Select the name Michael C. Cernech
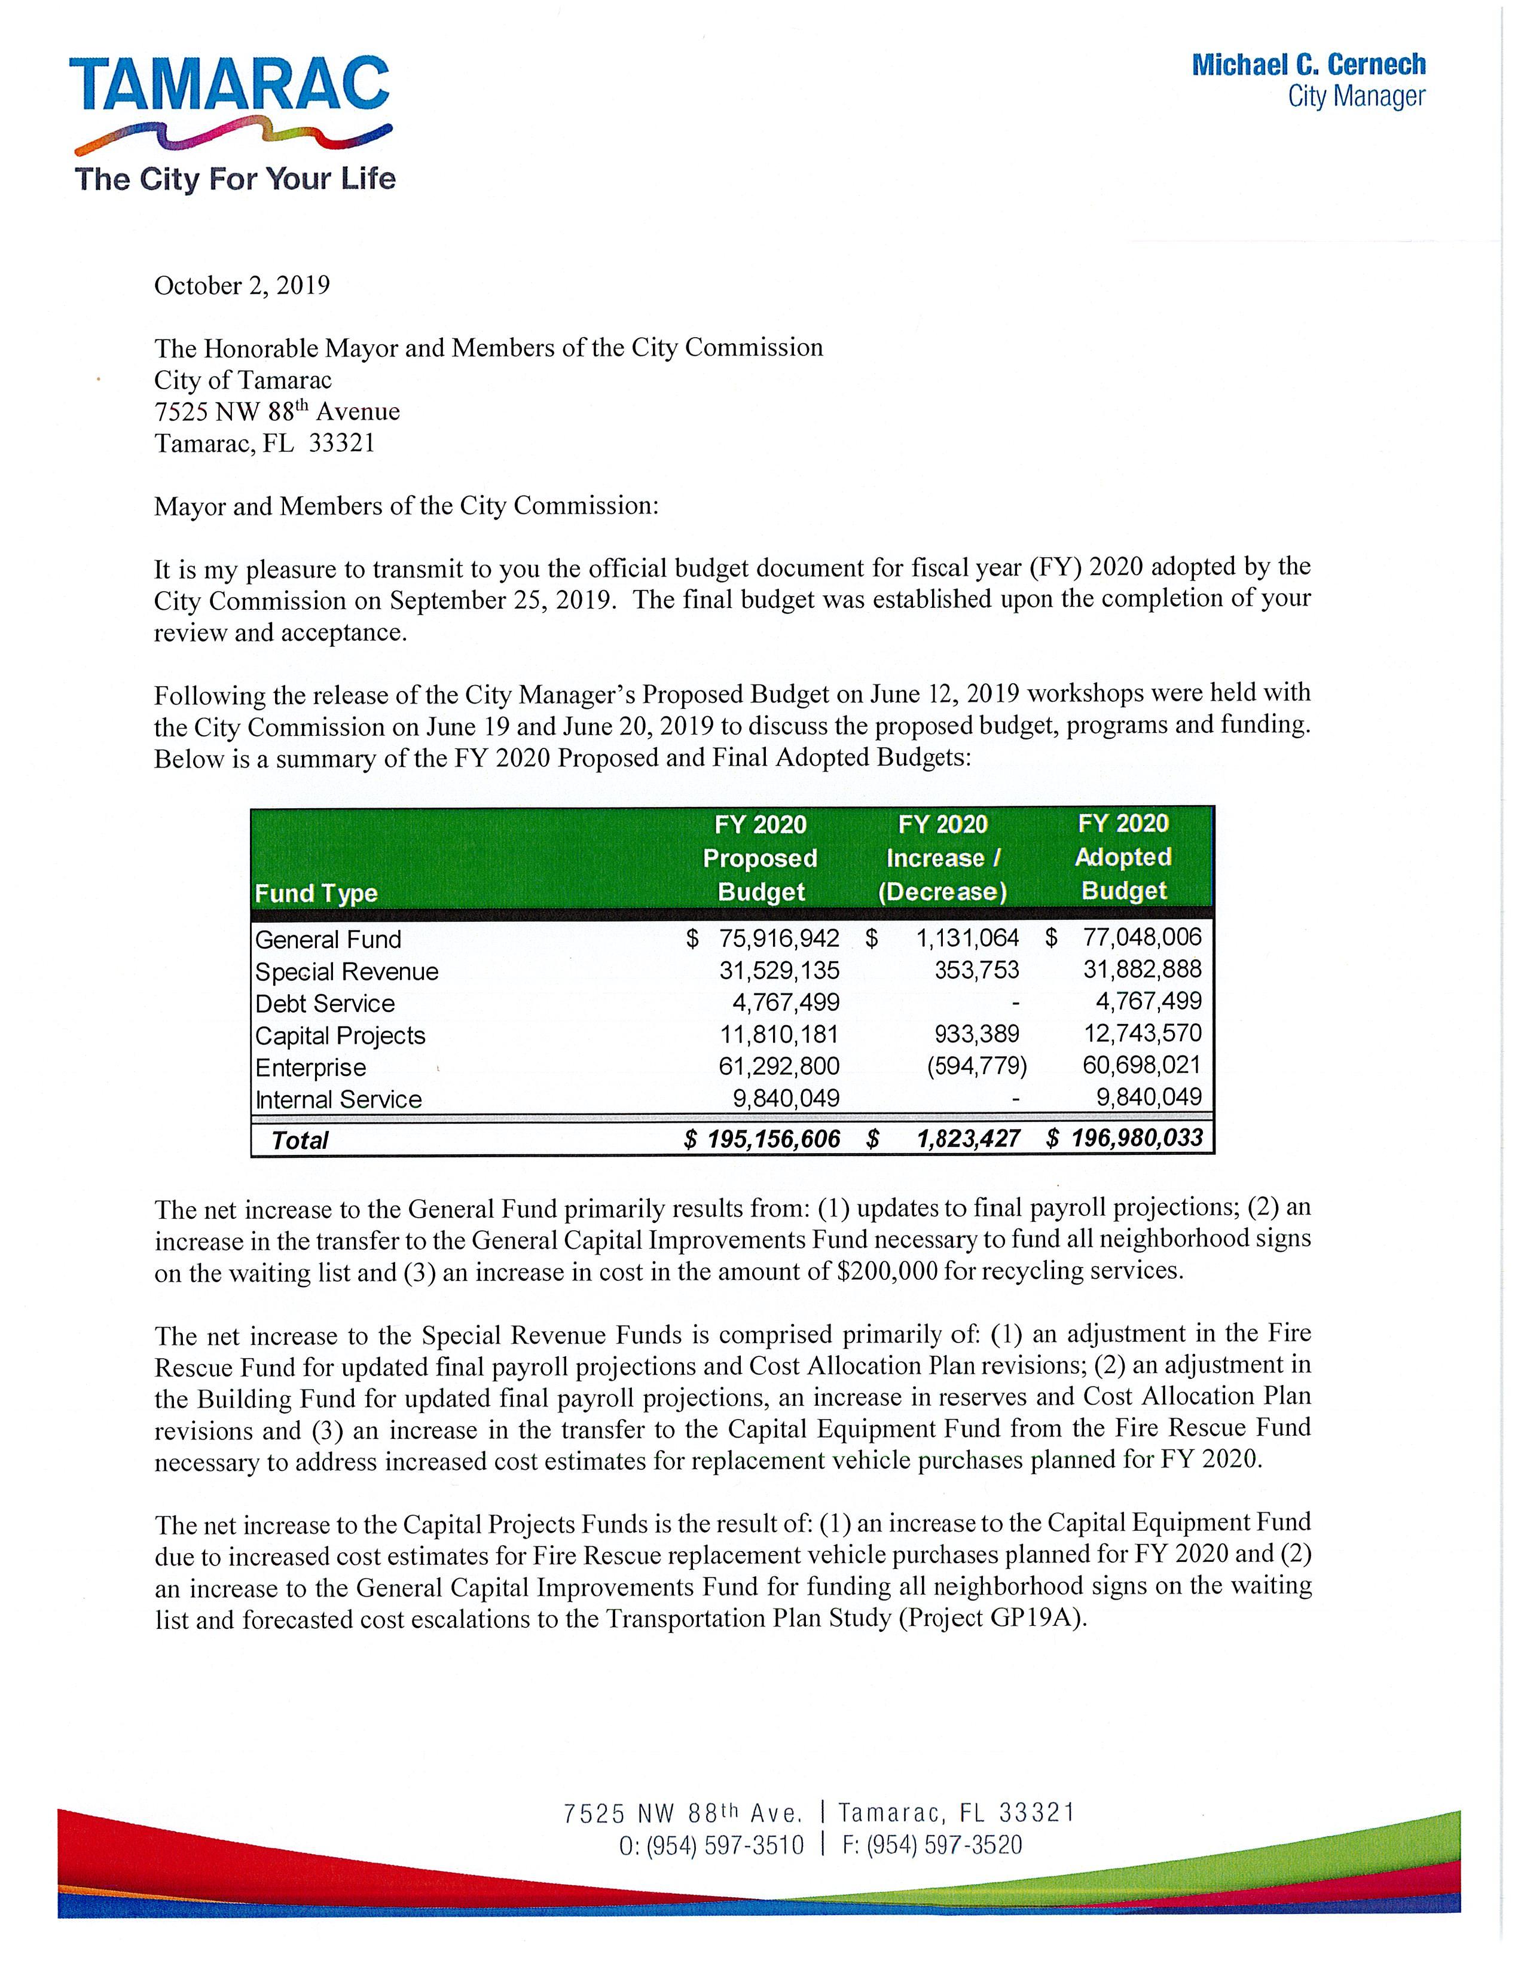click(1308, 65)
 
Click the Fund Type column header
click(316, 893)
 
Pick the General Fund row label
click(328, 940)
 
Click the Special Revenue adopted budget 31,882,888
click(1142, 970)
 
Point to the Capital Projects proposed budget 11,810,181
click(779, 1034)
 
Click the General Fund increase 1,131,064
click(967, 938)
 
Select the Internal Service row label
click(338, 1099)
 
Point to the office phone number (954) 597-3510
click(725, 1845)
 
